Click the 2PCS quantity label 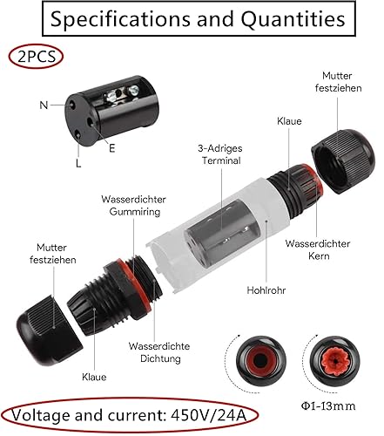pyautogui.click(x=37, y=56)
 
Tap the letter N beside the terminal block pyautogui.click(x=44, y=105)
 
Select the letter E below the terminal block pyautogui.click(x=112, y=148)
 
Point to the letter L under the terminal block pyautogui.click(x=78, y=163)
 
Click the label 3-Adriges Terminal pyautogui.click(x=220, y=154)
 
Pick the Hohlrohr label pyautogui.click(x=266, y=290)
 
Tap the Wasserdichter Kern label pyautogui.click(x=318, y=249)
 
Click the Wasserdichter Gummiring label pyautogui.click(x=134, y=206)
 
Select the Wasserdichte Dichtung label pyautogui.click(x=159, y=352)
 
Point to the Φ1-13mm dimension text pyautogui.click(x=328, y=405)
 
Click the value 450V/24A pyautogui.click(x=209, y=415)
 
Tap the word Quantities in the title pyautogui.click(x=293, y=19)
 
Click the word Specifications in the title pyautogui.click(x=120, y=19)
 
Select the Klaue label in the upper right pyautogui.click(x=289, y=121)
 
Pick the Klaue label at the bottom pyautogui.click(x=94, y=377)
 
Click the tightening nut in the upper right pyautogui.click(x=343, y=160)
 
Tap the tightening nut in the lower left pyautogui.click(x=49, y=330)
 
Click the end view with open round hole pyautogui.click(x=260, y=361)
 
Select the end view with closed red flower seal pyautogui.click(x=334, y=361)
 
